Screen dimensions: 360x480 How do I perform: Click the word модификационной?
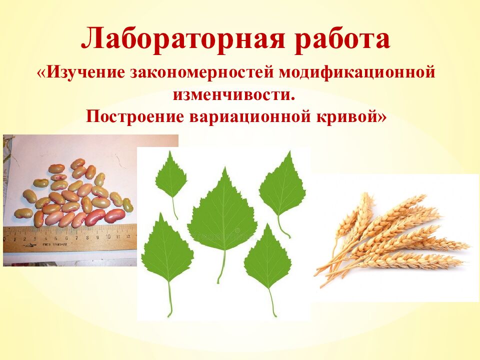point(355,73)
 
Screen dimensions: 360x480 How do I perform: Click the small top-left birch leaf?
point(170,176)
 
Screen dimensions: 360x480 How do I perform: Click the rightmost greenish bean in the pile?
point(128,204)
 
